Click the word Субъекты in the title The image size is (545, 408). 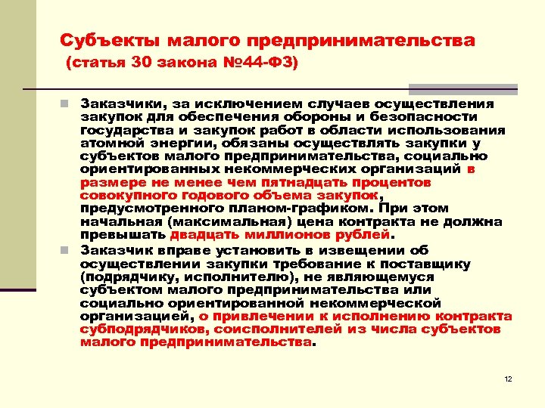click(x=109, y=40)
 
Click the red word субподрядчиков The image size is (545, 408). click(x=132, y=329)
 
